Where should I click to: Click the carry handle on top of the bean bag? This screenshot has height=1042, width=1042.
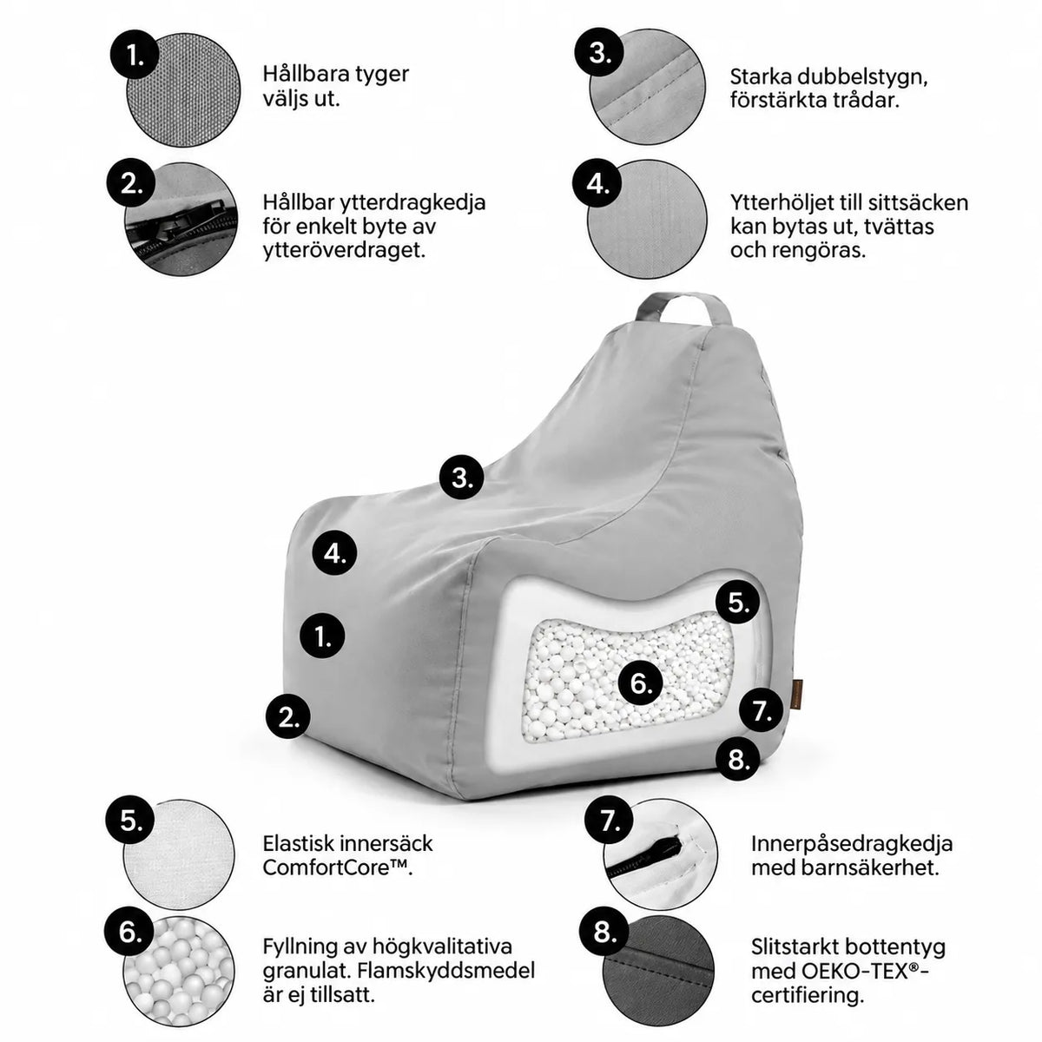point(683,300)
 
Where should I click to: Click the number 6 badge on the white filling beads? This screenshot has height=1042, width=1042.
point(640,683)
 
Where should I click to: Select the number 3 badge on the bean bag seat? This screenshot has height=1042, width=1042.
point(461,477)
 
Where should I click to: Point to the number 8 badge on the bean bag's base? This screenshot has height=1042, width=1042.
point(737,759)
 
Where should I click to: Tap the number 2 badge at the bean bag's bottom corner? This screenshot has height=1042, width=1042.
point(288,717)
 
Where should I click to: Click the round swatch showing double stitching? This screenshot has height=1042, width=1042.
point(648,86)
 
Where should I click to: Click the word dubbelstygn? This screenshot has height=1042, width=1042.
point(860,78)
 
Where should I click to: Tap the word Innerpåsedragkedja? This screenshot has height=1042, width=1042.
point(852,843)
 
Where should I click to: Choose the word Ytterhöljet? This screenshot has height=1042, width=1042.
point(789,203)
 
